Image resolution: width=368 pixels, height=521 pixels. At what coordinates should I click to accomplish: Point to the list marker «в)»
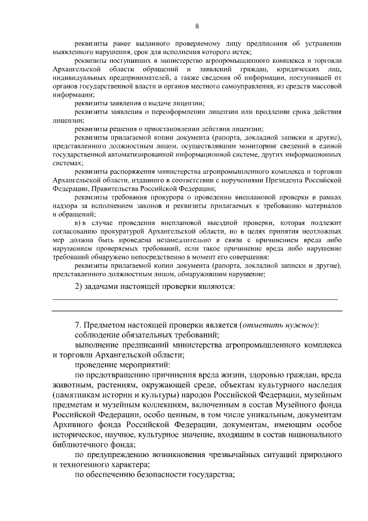coord(80,223)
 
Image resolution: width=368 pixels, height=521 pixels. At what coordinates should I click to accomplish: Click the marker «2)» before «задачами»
coord(81,286)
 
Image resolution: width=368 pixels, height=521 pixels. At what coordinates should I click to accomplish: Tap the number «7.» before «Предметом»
coord(79,325)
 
